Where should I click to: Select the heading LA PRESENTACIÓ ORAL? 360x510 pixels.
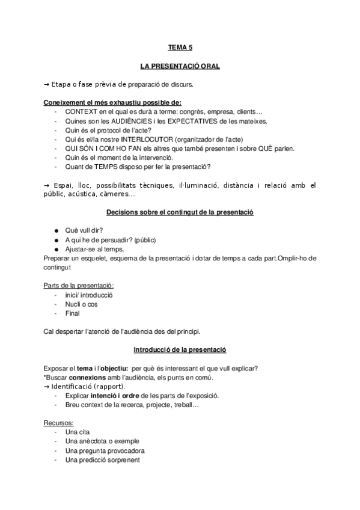pyautogui.click(x=180, y=66)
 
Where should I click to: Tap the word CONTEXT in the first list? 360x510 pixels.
pyautogui.click(x=81, y=112)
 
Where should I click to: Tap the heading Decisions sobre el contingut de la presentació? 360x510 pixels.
pyautogui.click(x=180, y=213)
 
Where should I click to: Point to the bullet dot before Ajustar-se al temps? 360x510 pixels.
pyautogui.click(x=56, y=249)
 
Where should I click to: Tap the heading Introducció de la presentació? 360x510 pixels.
pyautogui.click(x=180, y=350)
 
